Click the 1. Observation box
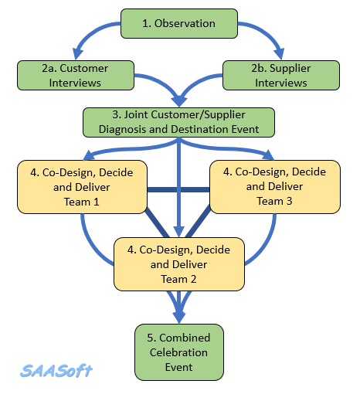[x=179, y=23]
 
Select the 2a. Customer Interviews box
[x=76, y=75]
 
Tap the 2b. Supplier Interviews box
[x=281, y=75]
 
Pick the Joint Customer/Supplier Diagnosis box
[x=178, y=122]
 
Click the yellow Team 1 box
[x=82, y=187]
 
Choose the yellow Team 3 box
[x=275, y=187]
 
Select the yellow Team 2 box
[x=179, y=264]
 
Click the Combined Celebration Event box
[x=179, y=352]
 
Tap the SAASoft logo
[x=56, y=371]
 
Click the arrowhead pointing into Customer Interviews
[x=77, y=53]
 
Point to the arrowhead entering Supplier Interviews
[x=280, y=53]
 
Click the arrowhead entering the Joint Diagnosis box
[x=179, y=101]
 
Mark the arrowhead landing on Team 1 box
[x=89, y=155]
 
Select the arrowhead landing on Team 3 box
[x=269, y=155]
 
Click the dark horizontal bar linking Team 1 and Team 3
[x=178, y=190]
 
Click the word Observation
[x=185, y=23]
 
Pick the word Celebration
[x=178, y=352]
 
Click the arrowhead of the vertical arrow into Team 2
[x=179, y=232]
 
